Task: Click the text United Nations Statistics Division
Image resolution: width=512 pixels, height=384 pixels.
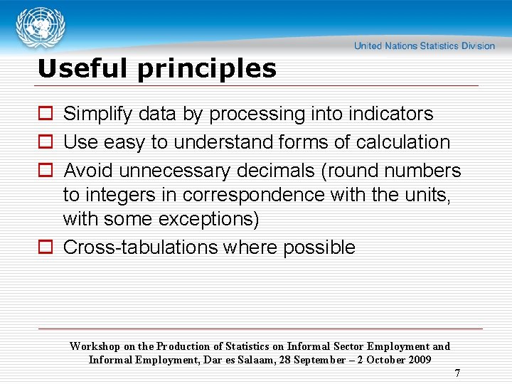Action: [x=425, y=46]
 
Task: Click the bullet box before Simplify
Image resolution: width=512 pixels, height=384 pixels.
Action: [x=45, y=114]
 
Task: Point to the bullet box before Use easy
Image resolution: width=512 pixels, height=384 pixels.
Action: [x=45, y=142]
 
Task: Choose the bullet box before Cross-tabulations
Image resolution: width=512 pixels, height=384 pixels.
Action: [x=45, y=247]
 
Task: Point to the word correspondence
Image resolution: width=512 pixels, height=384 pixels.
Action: [x=264, y=195]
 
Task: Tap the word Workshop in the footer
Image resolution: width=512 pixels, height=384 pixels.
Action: [x=95, y=346]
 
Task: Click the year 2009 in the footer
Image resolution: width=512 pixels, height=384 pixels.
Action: [x=417, y=360]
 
